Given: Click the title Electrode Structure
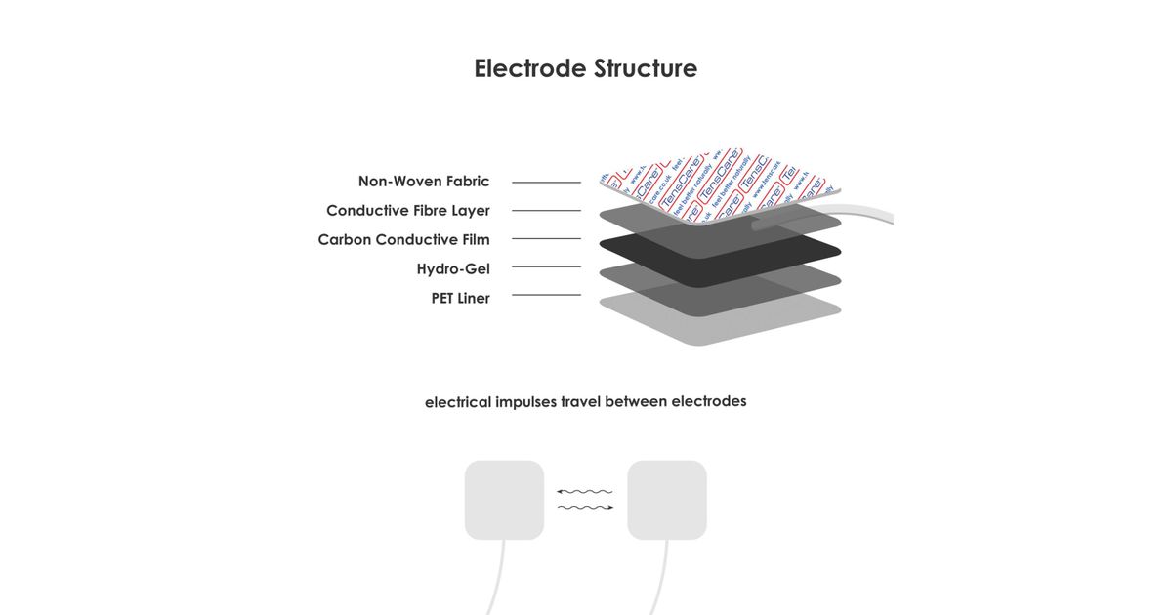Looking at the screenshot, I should point(585,68).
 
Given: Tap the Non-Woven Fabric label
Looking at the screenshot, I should point(424,182).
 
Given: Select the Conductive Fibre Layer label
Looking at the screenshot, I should point(407,211).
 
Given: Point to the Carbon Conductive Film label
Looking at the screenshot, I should point(403,240).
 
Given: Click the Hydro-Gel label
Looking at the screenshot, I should point(453,269).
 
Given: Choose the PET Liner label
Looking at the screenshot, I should point(460,299).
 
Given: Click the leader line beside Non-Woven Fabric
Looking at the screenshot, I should point(546,183).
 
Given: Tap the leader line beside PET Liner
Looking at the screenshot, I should point(546,295).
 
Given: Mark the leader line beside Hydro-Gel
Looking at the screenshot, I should point(546,266).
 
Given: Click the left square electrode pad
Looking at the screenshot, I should point(504,500).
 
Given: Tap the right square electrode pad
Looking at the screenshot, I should point(667,500).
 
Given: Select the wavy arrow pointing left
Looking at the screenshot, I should point(584,491).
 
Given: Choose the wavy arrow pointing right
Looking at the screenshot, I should point(585,508).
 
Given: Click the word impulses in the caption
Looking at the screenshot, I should point(526,402).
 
